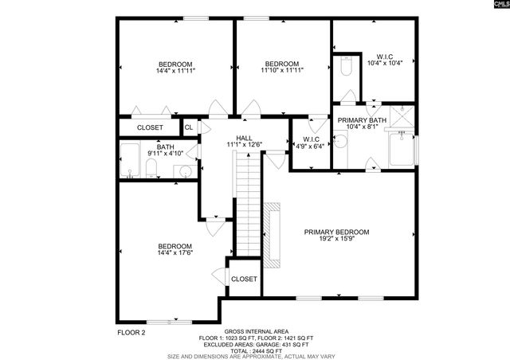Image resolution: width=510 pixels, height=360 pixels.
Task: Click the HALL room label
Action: pyautogui.click(x=244, y=138)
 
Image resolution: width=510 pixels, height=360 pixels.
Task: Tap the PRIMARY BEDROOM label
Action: pyautogui.click(x=336, y=233)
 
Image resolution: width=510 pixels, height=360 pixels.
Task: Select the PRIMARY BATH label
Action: pyautogui.click(x=361, y=120)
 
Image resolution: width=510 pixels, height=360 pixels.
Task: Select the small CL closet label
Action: pyautogui.click(x=189, y=127)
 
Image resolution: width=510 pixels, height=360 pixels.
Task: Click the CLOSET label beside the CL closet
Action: pyautogui.click(x=150, y=127)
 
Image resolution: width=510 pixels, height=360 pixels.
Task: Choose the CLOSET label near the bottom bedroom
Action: pyautogui.click(x=244, y=279)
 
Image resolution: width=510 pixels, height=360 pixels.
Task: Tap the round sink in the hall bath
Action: pyautogui.click(x=185, y=170)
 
